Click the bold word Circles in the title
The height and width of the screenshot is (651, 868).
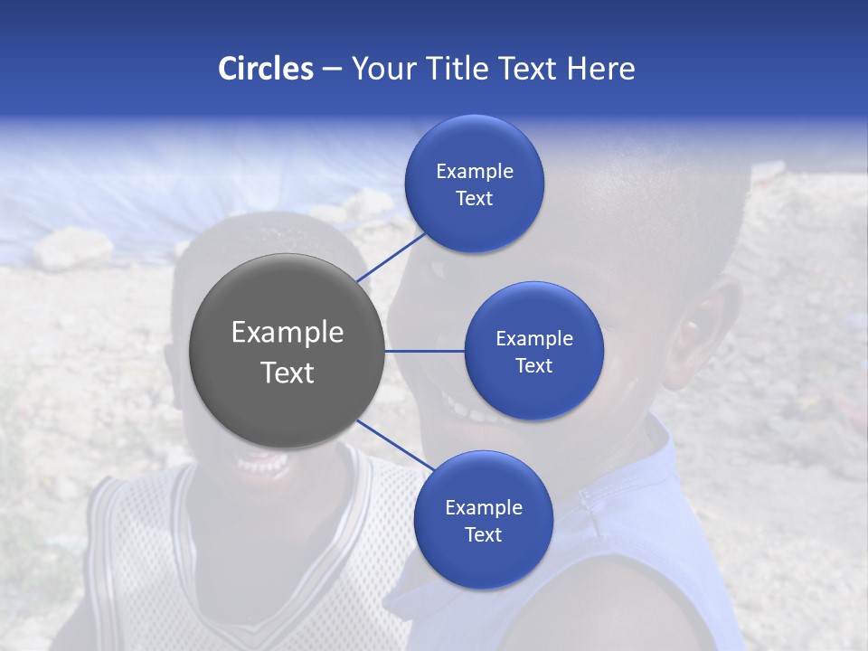[265, 69]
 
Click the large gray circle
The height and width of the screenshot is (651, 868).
[288, 351]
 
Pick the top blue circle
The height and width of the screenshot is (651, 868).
[475, 184]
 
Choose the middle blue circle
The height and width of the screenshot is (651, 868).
[534, 351]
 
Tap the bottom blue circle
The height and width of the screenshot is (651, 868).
[483, 520]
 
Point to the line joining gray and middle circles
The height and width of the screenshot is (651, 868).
[425, 351]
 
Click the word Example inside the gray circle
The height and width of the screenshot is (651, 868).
[288, 333]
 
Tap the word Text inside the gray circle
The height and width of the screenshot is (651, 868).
[288, 373]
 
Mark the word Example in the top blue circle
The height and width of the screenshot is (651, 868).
[475, 171]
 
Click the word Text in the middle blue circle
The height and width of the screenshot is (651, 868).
[534, 365]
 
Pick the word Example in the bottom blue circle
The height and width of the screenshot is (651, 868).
[483, 507]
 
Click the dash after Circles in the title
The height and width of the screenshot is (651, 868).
[331, 70]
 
